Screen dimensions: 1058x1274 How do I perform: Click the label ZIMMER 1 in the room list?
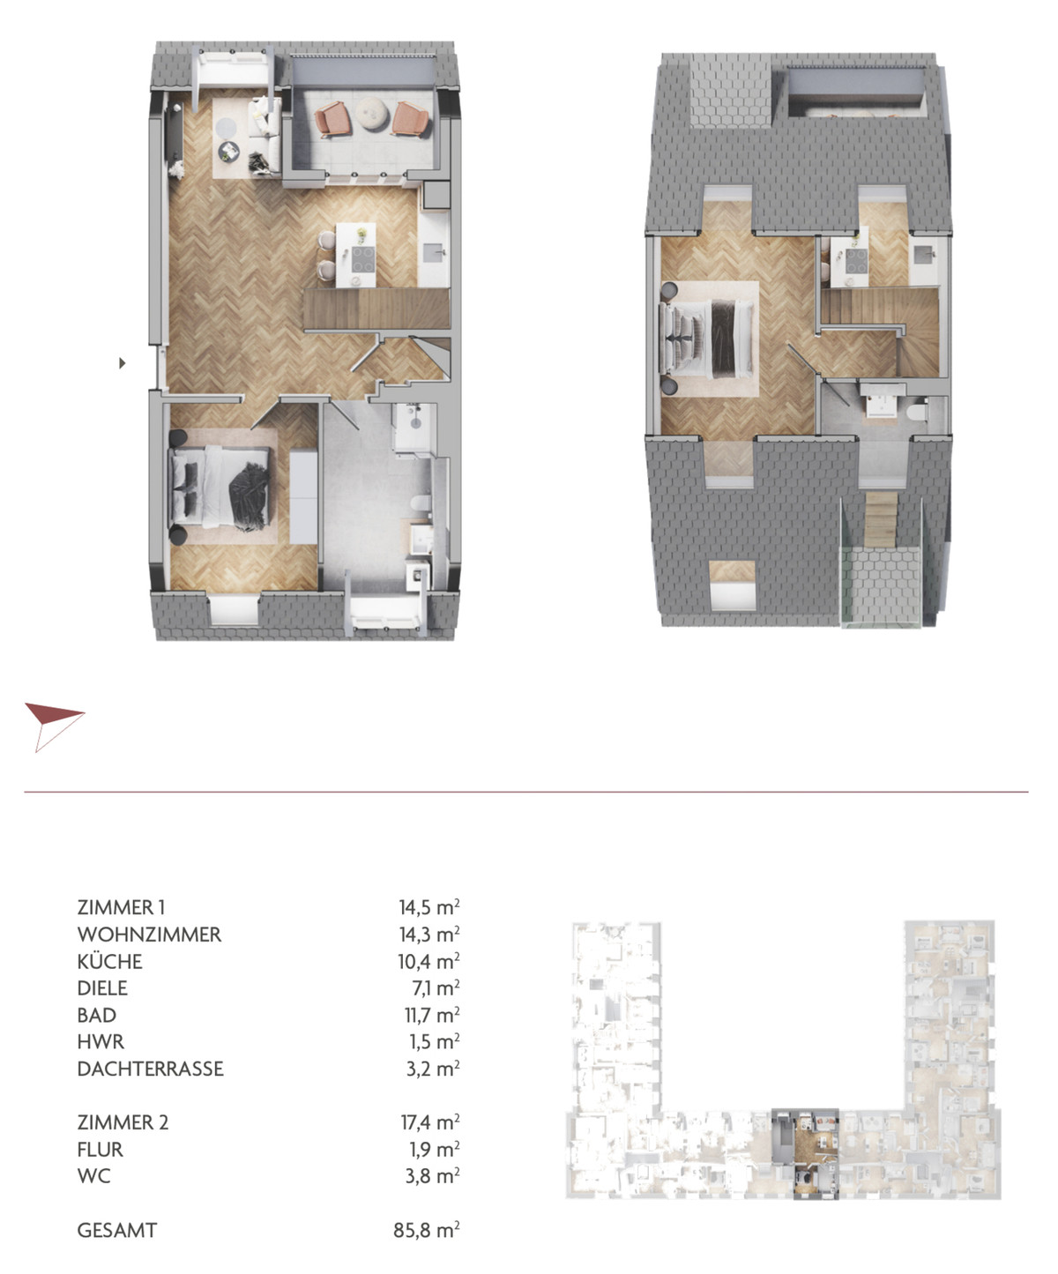(121, 907)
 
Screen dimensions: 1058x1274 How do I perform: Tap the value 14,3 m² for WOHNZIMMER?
(429, 935)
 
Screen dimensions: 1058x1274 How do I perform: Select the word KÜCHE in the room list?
(110, 961)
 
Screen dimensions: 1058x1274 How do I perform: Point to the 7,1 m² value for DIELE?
(436, 987)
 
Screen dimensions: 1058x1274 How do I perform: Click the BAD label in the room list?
(96, 1015)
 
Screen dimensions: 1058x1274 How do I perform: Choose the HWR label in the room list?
(101, 1041)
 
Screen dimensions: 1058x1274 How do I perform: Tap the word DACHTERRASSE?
(150, 1069)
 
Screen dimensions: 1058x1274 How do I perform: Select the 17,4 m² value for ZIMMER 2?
(430, 1122)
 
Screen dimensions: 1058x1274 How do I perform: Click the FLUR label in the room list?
(100, 1149)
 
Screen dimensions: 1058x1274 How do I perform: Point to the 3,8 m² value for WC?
(433, 1176)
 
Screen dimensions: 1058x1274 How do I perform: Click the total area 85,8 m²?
(427, 1229)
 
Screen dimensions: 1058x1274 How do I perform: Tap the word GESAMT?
(117, 1229)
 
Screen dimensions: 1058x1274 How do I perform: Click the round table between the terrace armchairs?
(370, 114)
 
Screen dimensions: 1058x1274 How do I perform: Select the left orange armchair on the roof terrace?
(332, 118)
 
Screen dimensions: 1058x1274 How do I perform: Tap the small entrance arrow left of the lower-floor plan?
(122, 363)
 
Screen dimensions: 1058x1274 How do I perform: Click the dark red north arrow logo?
(54, 726)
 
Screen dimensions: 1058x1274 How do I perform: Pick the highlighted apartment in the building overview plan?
(805, 1153)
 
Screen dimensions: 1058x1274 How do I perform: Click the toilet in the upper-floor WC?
(916, 412)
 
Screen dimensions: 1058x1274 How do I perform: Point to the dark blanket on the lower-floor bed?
(249, 496)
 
